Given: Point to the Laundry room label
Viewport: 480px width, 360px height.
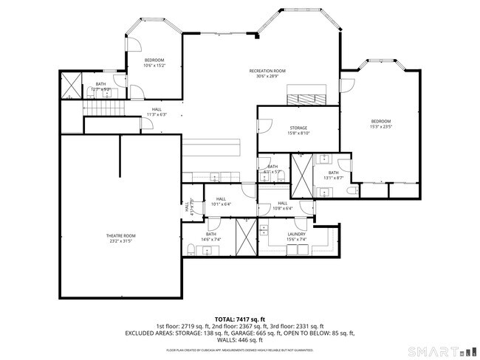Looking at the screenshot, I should pos(296,236).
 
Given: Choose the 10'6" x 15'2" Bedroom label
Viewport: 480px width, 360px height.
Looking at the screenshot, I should pos(154,62).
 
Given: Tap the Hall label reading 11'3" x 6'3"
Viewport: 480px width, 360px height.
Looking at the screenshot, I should pos(157,112).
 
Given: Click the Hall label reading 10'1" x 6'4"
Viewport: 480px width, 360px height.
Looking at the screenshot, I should pos(221,201).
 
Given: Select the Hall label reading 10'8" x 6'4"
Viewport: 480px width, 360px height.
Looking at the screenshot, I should pos(283,206).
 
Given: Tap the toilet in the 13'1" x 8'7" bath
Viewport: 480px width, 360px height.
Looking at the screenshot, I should pos(352,191).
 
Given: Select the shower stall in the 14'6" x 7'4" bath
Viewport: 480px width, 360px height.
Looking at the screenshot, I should pos(244,237).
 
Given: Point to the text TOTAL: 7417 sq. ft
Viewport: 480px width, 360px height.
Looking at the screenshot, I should pos(240,318).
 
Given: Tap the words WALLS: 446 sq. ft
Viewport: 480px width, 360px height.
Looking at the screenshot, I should pos(240,340).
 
